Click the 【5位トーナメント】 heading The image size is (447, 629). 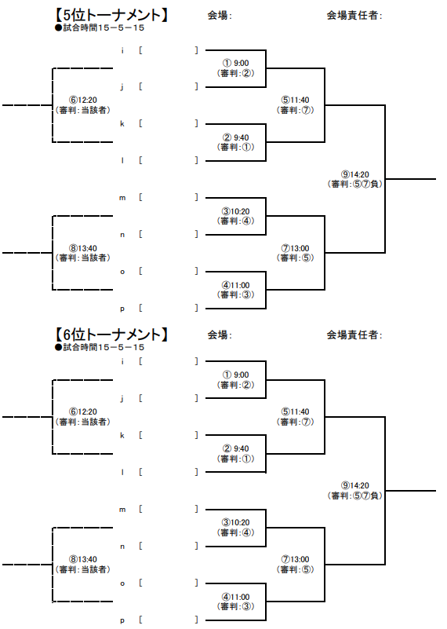coord(111,15)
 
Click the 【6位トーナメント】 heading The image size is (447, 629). coord(111,335)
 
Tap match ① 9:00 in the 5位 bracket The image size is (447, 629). coord(235,63)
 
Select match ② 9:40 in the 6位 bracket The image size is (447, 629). coord(235,448)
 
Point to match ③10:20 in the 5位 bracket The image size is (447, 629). coord(235,211)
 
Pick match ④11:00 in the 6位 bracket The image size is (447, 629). coord(235,597)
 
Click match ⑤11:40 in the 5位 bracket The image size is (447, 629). coord(295,100)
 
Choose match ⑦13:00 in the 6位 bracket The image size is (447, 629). coord(295,559)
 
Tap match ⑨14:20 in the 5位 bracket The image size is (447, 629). coord(355,174)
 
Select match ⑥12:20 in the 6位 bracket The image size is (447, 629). coord(83,411)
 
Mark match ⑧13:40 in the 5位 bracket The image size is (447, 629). coord(83,248)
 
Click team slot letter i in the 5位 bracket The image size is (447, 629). coord(122,50)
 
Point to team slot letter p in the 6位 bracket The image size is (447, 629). coord(122,620)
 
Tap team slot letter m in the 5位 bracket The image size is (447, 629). coord(122,198)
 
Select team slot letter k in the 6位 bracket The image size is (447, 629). coord(122,435)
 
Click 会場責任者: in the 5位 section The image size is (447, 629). coord(354,15)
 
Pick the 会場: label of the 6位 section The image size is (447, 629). coord(220,335)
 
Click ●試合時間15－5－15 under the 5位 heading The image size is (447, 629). coord(100,27)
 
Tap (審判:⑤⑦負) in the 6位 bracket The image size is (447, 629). coord(355,496)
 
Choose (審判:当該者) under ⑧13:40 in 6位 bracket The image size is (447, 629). coord(83,569)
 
